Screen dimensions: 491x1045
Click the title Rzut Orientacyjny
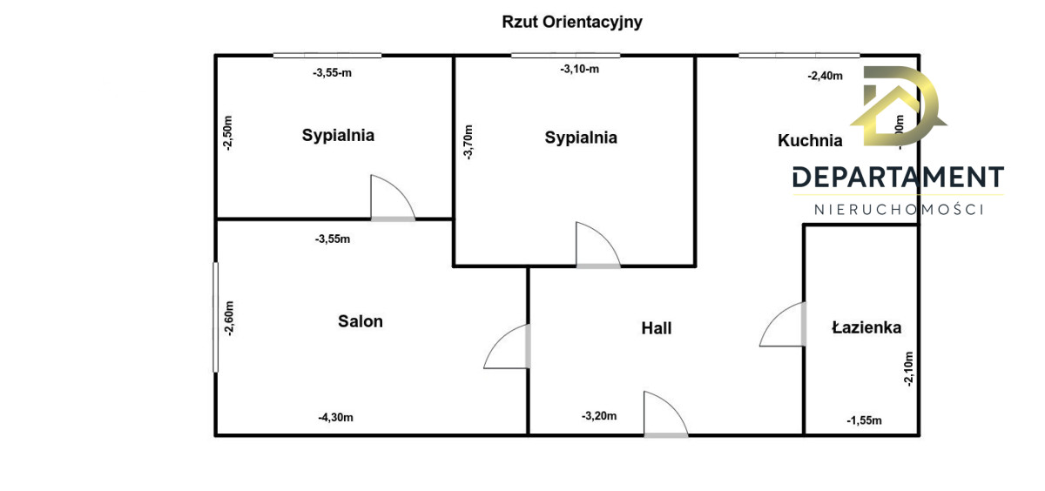coord(572,23)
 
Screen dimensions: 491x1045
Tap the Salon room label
coord(361,321)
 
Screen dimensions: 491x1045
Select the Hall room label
coord(657,328)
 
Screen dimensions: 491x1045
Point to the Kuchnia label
coord(810,140)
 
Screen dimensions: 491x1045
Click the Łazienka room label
coord(866,328)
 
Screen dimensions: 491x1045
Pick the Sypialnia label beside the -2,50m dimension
coord(338,135)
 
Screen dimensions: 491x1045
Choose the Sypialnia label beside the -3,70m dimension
coord(581,138)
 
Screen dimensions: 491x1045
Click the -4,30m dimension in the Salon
coord(335,418)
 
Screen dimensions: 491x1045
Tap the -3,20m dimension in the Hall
coord(599,416)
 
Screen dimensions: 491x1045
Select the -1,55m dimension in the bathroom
coord(864,420)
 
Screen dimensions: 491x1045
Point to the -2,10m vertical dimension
coord(908,368)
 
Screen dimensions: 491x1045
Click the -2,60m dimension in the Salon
coord(229,319)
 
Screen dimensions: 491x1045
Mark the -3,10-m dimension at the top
coord(579,70)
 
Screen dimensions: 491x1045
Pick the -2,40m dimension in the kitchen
coord(826,76)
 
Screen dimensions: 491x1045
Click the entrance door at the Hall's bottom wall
coord(664,416)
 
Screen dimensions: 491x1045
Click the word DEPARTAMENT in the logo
coord(898,178)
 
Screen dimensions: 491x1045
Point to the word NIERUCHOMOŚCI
coord(898,210)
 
